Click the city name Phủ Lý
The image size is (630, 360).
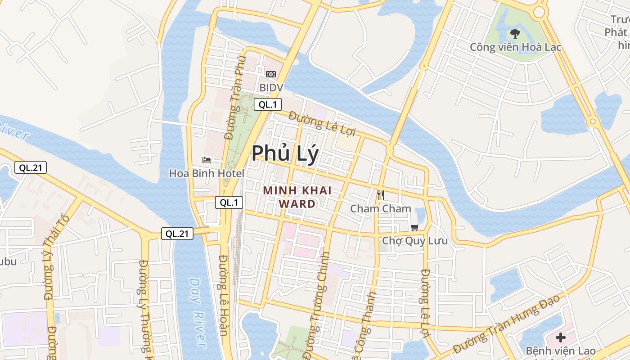coord(285,153)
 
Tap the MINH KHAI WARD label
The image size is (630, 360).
coord(297,197)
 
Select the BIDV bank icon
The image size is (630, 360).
coord(271,74)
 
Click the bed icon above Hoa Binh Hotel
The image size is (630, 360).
coord(206,160)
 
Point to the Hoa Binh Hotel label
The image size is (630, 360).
coord(207,173)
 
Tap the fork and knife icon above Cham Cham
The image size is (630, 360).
coord(381,195)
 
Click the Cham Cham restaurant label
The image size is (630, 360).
coord(381,208)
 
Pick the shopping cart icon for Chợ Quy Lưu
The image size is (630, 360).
coord(414,228)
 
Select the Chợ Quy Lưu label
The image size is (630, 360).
coord(414,241)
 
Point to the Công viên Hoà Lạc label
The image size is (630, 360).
coord(515,47)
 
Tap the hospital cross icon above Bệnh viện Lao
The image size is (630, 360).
coord(560,337)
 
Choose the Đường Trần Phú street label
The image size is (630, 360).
coord(236,98)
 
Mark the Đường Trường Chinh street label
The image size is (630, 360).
coord(318,299)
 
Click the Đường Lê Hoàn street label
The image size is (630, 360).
coord(224,295)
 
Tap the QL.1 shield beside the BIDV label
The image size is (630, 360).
coord(268,105)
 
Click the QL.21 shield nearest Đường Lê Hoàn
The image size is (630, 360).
coord(177,233)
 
